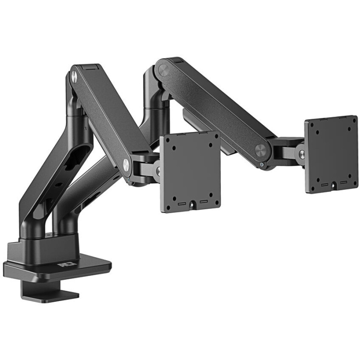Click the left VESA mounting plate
pos(190,172)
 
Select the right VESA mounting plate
pos(331,154)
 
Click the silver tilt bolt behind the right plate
pos(302,153)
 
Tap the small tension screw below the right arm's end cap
pos(261,165)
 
